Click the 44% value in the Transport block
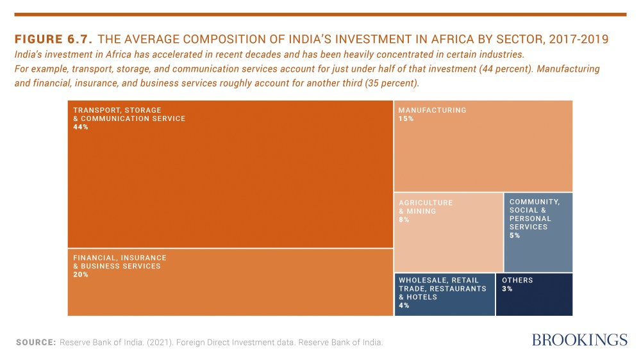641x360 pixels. point(81,127)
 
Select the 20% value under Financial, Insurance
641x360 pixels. point(81,275)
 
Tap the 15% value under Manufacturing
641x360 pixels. point(406,119)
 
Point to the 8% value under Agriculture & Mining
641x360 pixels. point(404,220)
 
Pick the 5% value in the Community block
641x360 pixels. point(515,236)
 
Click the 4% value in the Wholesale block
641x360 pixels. point(404,306)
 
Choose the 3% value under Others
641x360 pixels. point(507,289)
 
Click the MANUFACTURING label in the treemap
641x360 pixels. point(433,110)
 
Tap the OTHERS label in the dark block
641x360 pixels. point(517,280)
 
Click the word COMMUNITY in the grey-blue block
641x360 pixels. point(535,202)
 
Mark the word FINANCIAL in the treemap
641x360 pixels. point(96,258)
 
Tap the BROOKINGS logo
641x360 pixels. point(579,340)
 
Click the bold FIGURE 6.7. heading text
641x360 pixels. point(54,40)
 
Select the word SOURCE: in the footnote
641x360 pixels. point(36,343)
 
